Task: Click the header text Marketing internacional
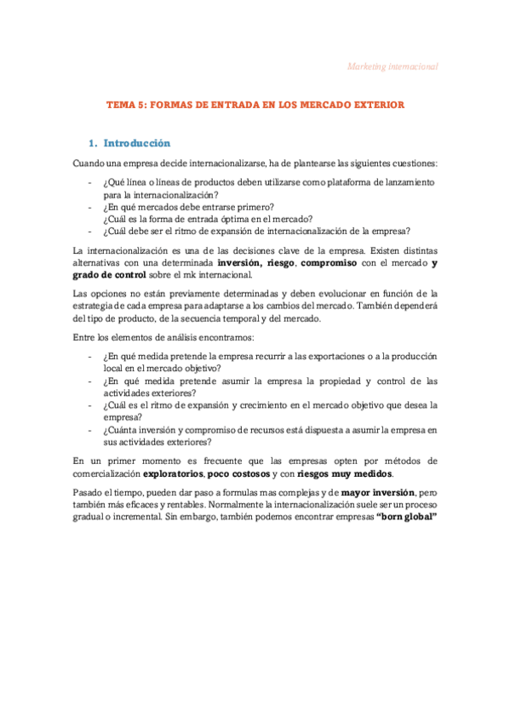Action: click(x=394, y=66)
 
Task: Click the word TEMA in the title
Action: click(x=120, y=105)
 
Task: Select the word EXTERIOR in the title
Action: click(x=374, y=105)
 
